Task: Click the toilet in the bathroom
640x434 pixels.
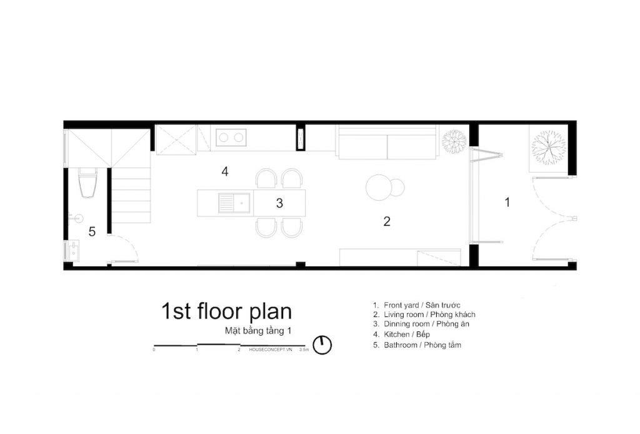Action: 87,183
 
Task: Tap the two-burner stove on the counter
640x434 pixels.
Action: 231,137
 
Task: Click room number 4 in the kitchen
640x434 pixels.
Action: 225,171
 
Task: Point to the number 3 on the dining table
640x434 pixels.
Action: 279,203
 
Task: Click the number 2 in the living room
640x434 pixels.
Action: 387,221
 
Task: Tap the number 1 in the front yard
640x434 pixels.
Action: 507,202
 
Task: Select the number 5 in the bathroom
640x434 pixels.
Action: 92,232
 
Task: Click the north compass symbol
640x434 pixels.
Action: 322,345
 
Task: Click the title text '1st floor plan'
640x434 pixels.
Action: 226,311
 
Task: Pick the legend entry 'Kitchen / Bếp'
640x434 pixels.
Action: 402,335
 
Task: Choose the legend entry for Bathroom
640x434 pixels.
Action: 417,345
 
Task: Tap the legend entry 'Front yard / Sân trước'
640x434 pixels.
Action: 417,305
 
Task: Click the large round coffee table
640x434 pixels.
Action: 379,188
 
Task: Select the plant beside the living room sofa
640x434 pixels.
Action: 454,141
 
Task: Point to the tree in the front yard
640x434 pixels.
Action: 548,148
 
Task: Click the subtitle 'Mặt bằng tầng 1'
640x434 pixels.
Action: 258,331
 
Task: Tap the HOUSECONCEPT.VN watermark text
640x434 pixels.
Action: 271,350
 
